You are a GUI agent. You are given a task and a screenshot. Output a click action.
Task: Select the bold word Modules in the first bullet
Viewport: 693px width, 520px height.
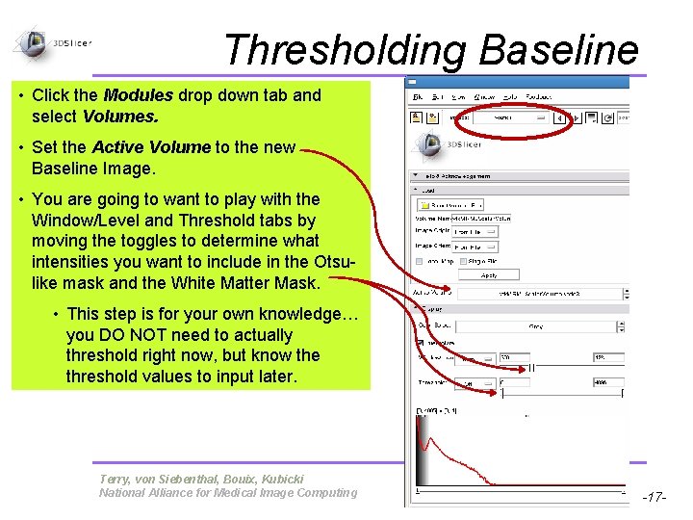tap(138, 95)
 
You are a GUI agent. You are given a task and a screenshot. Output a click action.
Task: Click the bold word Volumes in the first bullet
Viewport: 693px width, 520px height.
tap(119, 117)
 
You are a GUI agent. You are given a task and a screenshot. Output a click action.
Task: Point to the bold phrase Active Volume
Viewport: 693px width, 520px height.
tap(150, 147)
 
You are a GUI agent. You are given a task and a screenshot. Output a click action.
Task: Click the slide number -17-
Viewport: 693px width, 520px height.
tap(654, 498)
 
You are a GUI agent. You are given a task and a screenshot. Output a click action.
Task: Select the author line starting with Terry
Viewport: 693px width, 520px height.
tap(201, 479)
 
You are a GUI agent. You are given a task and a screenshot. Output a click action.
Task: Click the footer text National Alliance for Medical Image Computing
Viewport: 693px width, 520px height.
tap(227, 493)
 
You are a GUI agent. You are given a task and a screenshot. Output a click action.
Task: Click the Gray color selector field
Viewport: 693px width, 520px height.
tap(534, 326)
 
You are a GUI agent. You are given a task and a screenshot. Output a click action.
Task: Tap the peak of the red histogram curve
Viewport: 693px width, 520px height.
tap(420, 422)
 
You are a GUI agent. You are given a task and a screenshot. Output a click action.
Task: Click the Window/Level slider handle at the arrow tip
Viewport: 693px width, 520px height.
tap(502, 357)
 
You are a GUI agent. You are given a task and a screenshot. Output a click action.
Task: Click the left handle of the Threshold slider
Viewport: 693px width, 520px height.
tap(501, 382)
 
